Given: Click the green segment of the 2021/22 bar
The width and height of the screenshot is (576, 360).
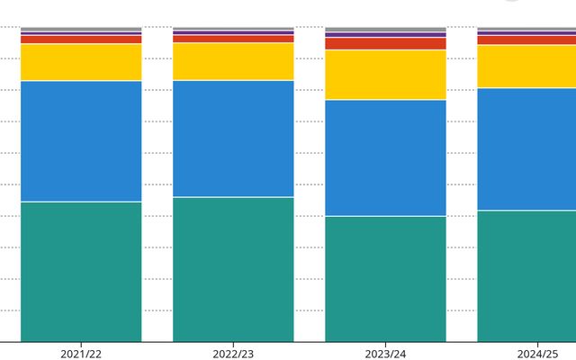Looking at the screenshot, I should (81, 271).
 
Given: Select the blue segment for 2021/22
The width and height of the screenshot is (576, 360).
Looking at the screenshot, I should (81, 140).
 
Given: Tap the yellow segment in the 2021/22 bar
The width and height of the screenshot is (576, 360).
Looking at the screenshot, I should (81, 62).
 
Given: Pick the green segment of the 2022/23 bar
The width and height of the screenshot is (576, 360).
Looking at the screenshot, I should (233, 269).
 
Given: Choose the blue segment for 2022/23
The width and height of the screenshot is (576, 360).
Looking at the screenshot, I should (233, 139).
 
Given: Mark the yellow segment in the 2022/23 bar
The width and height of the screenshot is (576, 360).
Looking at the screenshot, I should (233, 61).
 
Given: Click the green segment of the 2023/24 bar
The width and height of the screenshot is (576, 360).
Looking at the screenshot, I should (385, 279).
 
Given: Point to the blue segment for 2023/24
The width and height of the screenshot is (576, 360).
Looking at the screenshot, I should (385, 157).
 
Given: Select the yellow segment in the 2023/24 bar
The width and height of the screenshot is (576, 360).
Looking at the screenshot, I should (385, 75).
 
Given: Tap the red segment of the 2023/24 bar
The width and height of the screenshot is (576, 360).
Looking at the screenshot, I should (385, 43).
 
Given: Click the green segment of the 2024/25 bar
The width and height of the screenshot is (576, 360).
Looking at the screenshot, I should (526, 275).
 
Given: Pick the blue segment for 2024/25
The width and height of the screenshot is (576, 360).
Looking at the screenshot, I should (526, 148).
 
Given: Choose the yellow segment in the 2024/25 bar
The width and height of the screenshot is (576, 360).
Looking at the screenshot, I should (526, 66).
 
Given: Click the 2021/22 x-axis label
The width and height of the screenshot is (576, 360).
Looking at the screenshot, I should (81, 354).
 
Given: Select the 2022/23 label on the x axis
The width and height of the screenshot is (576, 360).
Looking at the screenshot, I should (233, 354).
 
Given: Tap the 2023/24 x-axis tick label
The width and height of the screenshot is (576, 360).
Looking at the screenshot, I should (385, 354).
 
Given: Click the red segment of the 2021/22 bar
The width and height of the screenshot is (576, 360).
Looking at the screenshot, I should (81, 40).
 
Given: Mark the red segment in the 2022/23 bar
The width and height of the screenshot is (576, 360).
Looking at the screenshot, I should (233, 39).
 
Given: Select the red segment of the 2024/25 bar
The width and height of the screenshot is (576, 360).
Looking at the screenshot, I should (526, 40).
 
